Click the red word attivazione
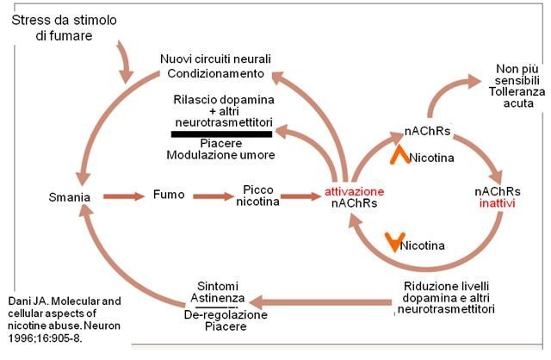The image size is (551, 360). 355,190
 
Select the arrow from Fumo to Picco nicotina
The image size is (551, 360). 214,196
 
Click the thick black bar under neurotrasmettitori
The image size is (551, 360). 222,133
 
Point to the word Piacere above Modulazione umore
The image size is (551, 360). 221,143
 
